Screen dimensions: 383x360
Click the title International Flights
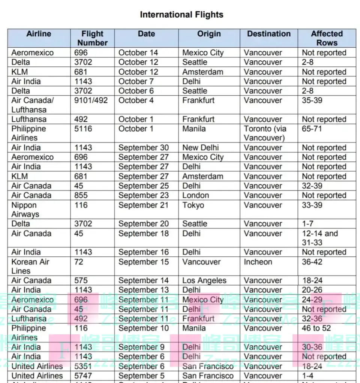point(181,15)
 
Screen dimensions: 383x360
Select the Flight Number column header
point(92,38)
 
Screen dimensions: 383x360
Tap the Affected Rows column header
point(327,38)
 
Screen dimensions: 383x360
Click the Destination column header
point(268,34)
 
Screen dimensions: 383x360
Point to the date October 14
point(138,53)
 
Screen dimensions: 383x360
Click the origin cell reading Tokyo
point(193,205)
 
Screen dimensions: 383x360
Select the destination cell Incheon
point(258,262)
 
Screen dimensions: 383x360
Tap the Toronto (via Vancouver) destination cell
point(265,133)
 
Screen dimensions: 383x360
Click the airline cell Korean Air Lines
point(30,266)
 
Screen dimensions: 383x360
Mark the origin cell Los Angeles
point(204,281)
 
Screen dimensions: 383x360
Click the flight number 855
point(81,195)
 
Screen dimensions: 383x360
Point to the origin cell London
point(195,195)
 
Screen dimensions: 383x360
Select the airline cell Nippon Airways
point(25,209)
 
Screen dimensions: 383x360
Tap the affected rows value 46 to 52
point(316,328)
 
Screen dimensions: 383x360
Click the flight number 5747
point(83,376)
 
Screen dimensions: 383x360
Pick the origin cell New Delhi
point(201,148)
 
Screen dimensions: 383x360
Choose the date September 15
point(144,262)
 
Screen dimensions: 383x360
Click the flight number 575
point(81,281)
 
